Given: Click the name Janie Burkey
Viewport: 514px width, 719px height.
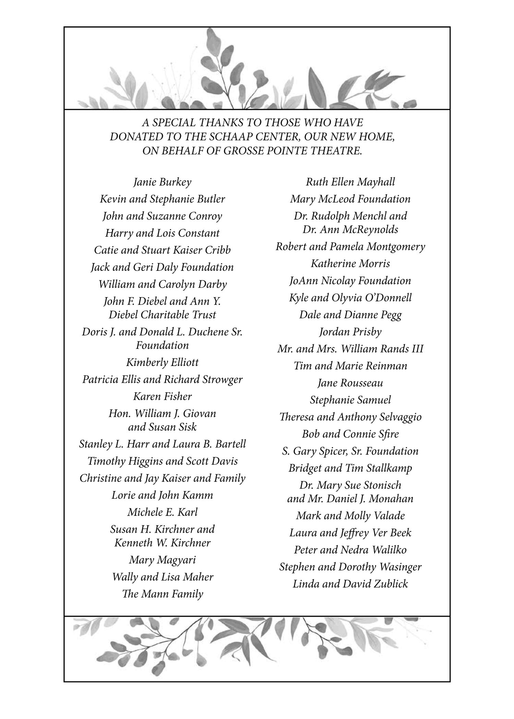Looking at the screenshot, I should click(x=162, y=182).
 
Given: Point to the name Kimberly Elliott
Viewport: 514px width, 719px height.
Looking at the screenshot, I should click(x=162, y=362).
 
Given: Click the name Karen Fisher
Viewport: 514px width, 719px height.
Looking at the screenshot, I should click(x=162, y=396).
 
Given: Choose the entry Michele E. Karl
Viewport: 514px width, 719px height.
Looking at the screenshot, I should click(x=162, y=512).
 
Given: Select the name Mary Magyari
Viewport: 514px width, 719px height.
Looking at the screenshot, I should click(x=162, y=560).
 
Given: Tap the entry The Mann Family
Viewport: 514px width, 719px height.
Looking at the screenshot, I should click(x=162, y=594).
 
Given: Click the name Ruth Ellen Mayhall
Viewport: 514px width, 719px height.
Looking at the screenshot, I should click(x=350, y=182).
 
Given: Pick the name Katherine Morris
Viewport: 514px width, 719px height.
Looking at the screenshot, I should click(x=350, y=264).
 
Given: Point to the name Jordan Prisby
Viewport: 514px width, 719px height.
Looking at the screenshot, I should click(x=350, y=332).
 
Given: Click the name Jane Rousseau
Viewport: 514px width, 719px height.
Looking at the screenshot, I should click(x=350, y=383).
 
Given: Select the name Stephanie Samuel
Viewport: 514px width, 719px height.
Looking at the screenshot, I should click(x=350, y=400).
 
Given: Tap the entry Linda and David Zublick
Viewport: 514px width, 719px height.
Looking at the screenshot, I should click(x=350, y=584).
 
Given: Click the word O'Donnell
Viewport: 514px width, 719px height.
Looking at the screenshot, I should click(x=389, y=298).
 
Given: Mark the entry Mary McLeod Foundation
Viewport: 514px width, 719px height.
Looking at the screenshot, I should click(x=350, y=199).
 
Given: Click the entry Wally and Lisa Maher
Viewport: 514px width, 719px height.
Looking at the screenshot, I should click(x=162, y=577).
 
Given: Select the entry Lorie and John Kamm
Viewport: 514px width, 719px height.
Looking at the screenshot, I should click(x=162, y=495).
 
